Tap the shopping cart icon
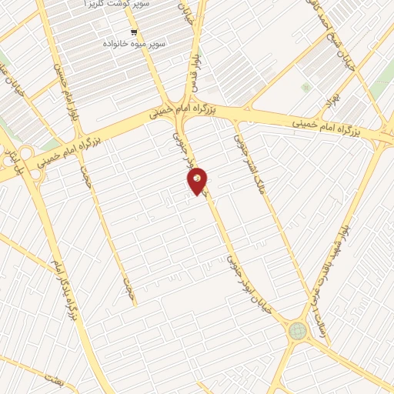pyautogui.click(x=135, y=32)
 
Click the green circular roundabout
pyautogui.click(x=297, y=331)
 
